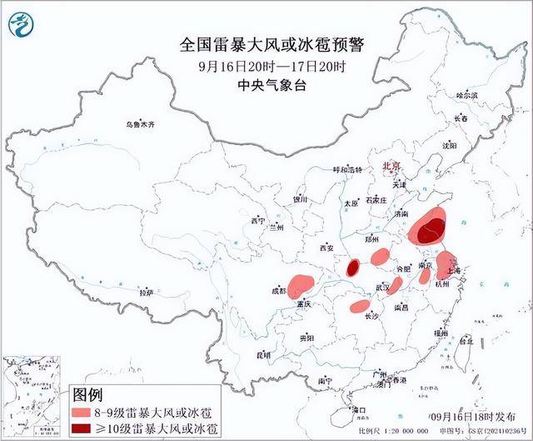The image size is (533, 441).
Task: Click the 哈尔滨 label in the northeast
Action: click(467, 96)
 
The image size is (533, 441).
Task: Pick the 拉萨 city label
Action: click(146, 293)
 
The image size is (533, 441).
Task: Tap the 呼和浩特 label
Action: click(347, 168)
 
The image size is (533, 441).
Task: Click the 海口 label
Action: click(359, 410)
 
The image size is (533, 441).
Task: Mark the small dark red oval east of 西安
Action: click(352, 268)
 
